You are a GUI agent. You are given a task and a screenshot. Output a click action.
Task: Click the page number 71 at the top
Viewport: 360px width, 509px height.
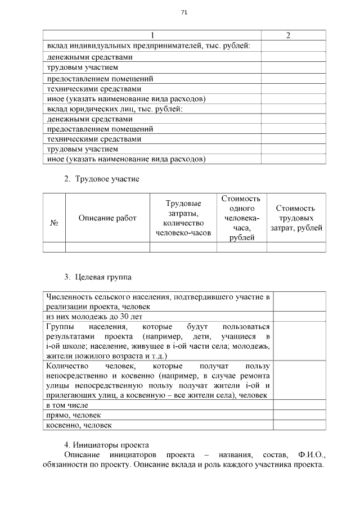(x=184, y=12)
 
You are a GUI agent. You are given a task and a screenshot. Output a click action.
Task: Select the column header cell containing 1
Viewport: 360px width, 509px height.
(x=152, y=35)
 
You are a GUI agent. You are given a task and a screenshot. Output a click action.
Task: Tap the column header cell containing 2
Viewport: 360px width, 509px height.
(x=289, y=35)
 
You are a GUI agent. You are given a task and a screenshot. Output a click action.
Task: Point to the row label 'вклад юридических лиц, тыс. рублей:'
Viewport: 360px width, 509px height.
(x=115, y=109)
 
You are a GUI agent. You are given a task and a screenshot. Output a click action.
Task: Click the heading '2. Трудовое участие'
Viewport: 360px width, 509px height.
(x=101, y=179)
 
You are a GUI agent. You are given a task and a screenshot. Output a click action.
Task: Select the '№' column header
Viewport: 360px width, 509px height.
(x=55, y=223)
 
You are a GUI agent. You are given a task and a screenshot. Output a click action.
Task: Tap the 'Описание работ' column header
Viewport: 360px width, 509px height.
(x=107, y=218)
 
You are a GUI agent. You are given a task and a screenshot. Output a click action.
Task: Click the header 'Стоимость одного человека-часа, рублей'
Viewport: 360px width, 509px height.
(x=241, y=218)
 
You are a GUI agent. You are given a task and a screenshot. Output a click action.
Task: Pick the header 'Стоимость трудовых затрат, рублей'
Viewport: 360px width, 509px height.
(x=296, y=218)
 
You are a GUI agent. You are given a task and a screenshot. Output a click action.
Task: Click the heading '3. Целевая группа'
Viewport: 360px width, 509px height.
(x=98, y=277)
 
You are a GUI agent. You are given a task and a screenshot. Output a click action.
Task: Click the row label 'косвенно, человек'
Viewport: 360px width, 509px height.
(x=79, y=426)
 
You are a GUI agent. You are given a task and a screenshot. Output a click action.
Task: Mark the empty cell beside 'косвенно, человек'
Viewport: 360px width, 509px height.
(x=299, y=426)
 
